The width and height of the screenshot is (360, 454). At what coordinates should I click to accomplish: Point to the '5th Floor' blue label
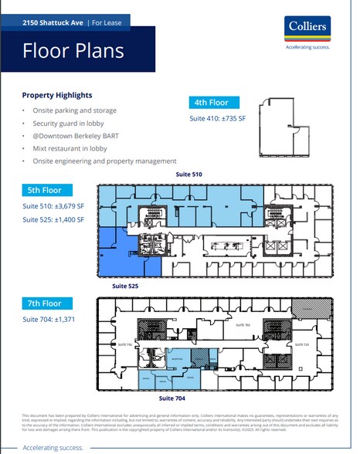[x=47, y=190]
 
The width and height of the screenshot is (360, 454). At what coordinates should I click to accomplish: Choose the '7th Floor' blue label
[x=47, y=304]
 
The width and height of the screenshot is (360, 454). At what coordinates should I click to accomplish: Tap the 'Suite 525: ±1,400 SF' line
[x=53, y=220]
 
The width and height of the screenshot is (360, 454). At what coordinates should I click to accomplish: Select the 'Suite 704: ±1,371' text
[x=49, y=320]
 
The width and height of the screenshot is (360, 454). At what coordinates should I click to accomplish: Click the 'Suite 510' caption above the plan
[x=188, y=175]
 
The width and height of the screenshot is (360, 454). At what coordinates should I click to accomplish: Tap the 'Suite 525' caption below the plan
[x=124, y=286]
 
